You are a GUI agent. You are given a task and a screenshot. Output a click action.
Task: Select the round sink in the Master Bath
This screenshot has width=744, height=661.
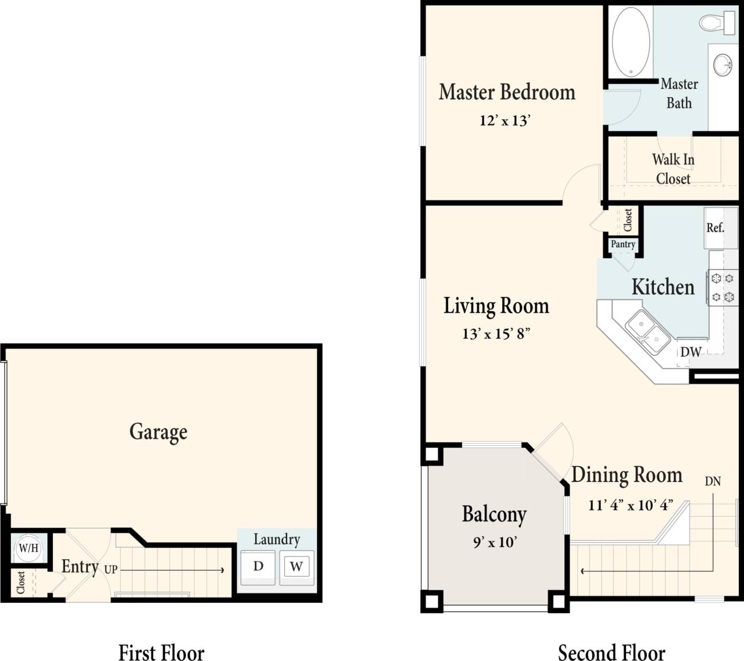[x=722, y=64]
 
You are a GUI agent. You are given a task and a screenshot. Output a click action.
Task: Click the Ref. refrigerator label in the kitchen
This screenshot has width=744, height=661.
[x=716, y=228]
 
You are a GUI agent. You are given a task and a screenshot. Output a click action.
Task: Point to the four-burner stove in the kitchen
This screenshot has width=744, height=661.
[x=722, y=287]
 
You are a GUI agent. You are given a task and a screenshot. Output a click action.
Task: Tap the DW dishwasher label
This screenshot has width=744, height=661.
[x=691, y=352]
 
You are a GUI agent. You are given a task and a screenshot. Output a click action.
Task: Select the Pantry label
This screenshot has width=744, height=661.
[x=623, y=244]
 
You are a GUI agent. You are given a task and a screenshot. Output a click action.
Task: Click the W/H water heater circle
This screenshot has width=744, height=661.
[x=28, y=548]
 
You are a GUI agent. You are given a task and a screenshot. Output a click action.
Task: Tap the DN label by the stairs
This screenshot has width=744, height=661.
[x=713, y=481]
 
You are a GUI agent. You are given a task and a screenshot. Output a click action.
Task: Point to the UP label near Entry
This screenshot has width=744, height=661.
[x=111, y=570]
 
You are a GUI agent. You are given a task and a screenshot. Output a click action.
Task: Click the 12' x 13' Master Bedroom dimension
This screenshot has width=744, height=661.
[x=505, y=121]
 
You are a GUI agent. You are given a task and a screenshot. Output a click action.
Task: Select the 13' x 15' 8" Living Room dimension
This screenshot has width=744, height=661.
[x=496, y=334]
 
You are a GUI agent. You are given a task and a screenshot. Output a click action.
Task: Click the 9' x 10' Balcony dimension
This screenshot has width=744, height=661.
[x=495, y=542]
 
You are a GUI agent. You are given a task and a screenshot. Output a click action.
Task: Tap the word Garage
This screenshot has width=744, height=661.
[x=158, y=432]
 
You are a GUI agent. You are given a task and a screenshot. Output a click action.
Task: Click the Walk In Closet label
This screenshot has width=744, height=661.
[x=673, y=169]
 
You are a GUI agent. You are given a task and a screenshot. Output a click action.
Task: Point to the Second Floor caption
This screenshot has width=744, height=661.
[x=611, y=652]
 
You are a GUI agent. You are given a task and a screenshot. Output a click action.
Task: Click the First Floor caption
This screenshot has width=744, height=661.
[x=162, y=652]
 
